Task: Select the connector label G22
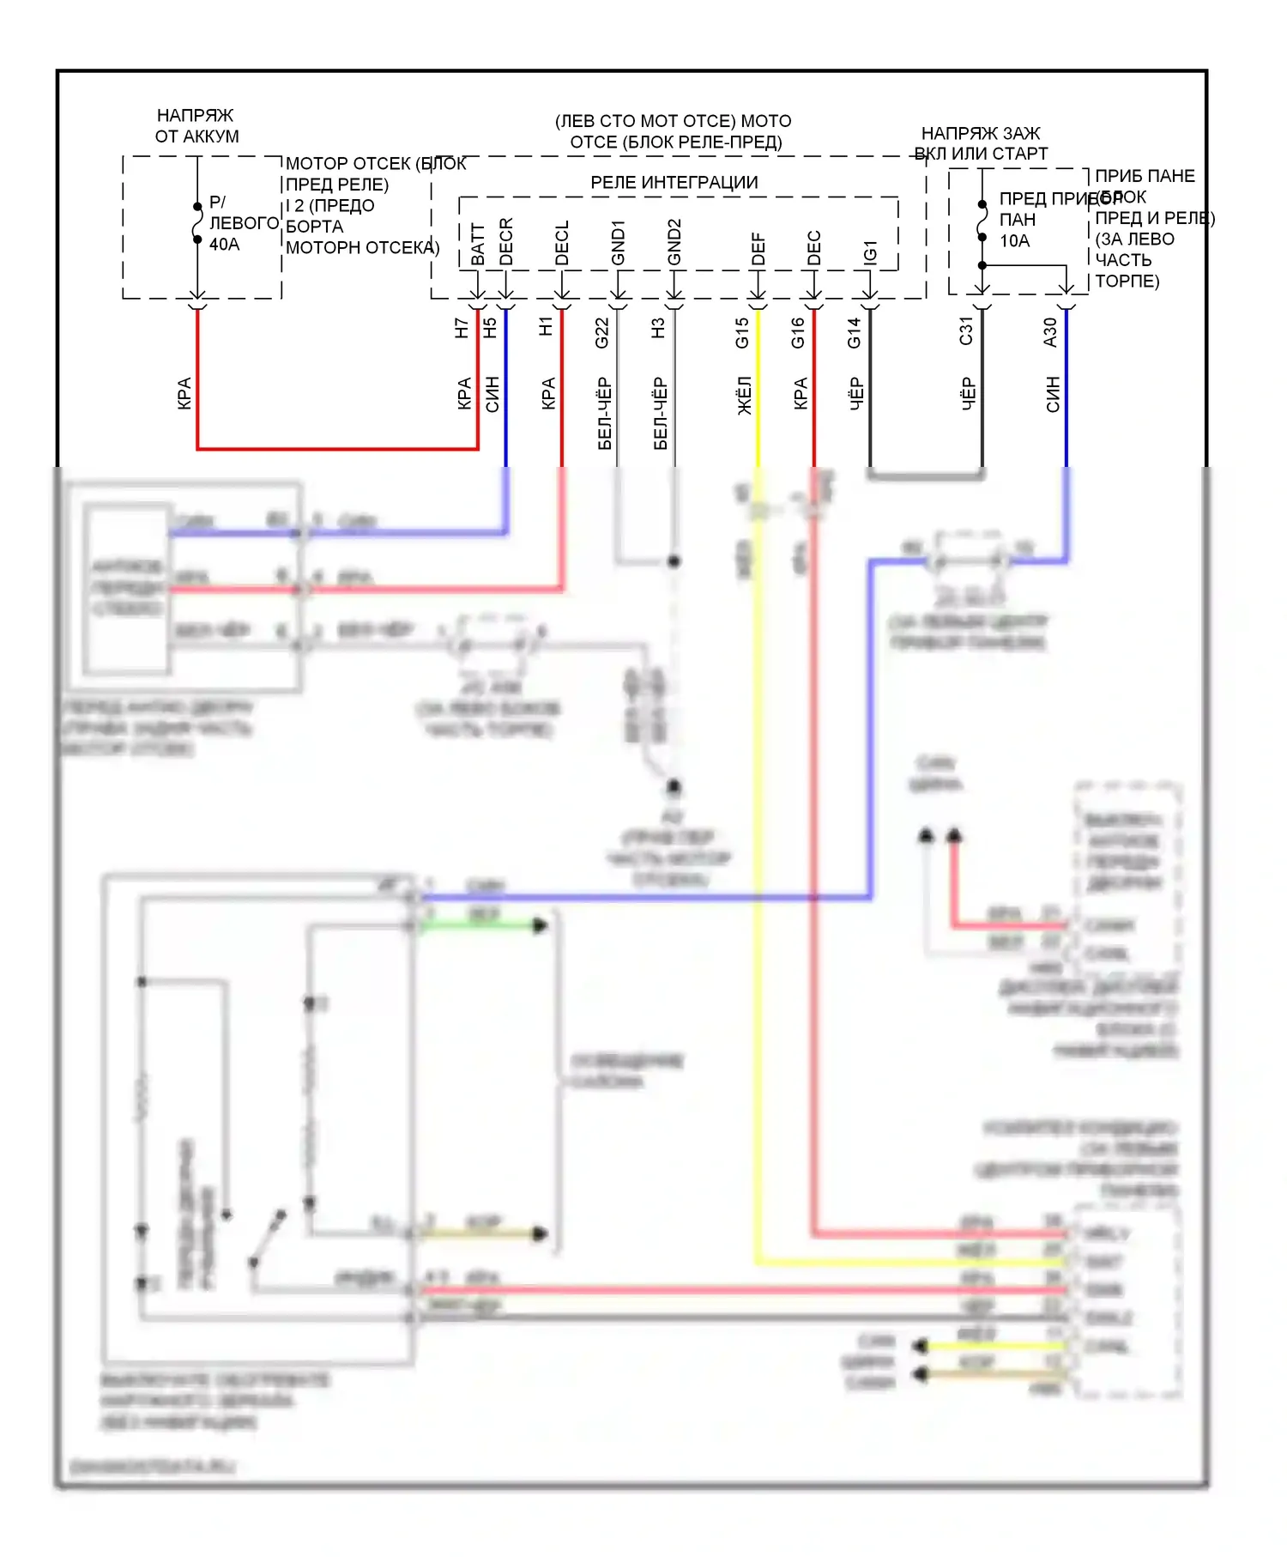point(602,333)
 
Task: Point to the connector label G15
point(742,333)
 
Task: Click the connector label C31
point(967,331)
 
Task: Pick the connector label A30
point(1050,332)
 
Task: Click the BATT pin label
point(478,245)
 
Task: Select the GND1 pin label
point(619,243)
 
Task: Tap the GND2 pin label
point(674,242)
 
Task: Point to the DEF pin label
point(758,249)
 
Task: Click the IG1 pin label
point(870,251)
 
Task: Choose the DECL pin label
point(562,244)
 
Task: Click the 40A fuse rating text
point(224,245)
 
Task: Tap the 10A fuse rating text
point(1014,241)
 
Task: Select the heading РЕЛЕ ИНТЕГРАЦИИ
point(674,183)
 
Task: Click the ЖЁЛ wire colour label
point(745,396)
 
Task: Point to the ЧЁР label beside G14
point(856,394)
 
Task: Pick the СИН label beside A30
point(1053,394)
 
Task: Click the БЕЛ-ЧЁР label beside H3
point(661,413)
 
